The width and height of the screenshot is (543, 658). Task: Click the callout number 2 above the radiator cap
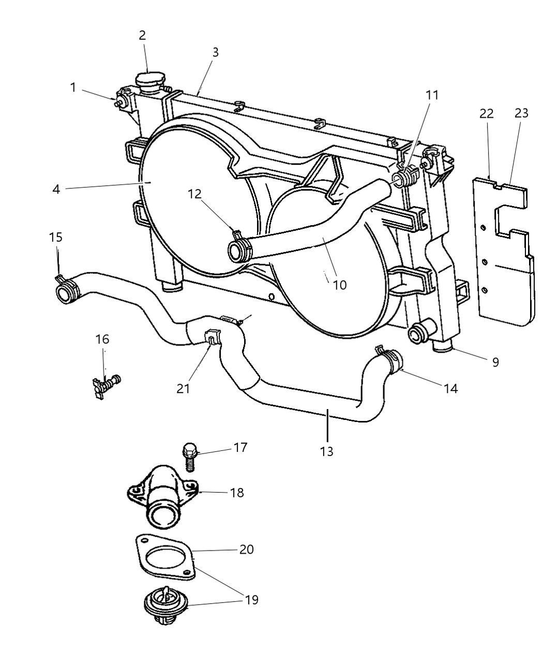click(x=142, y=35)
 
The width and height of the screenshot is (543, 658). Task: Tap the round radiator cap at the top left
click(x=149, y=81)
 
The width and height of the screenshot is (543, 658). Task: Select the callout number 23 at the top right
click(x=521, y=113)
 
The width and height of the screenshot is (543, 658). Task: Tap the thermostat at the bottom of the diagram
click(x=164, y=608)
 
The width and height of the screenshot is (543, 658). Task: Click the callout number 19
click(x=251, y=600)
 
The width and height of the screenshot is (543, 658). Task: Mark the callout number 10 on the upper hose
click(x=340, y=285)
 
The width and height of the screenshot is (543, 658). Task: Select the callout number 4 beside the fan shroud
click(x=56, y=189)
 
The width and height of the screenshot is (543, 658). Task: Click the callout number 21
click(x=183, y=388)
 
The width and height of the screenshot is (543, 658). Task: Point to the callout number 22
click(x=486, y=114)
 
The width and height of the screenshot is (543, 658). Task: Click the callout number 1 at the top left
click(x=73, y=87)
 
